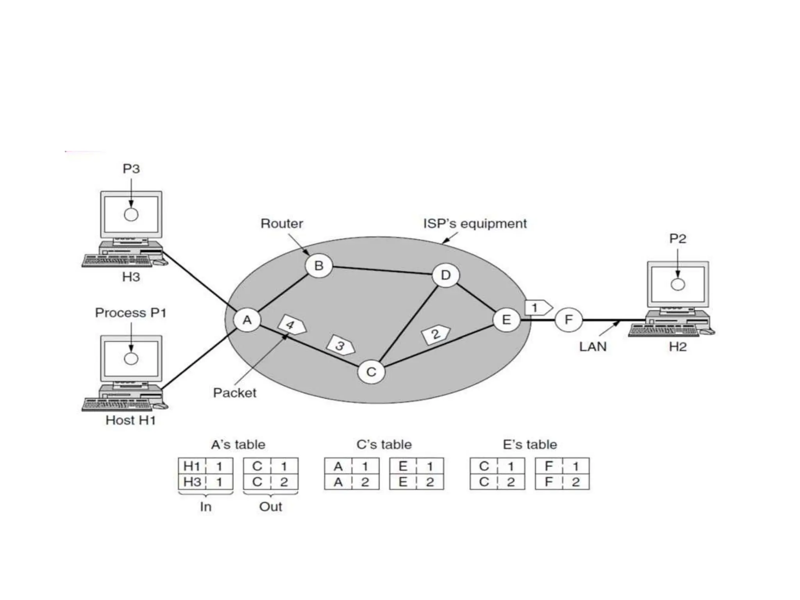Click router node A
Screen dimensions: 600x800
pyautogui.click(x=247, y=320)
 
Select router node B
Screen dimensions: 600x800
pyautogui.click(x=319, y=266)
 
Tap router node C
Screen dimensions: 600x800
pyautogui.click(x=371, y=371)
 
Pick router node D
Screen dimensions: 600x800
pyautogui.click(x=446, y=275)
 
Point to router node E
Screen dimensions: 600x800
pyautogui.click(x=506, y=320)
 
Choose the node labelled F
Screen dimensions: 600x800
pyautogui.click(x=568, y=320)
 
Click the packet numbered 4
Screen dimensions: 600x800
pyautogui.click(x=291, y=325)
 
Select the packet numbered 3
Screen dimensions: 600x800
pyautogui.click(x=341, y=345)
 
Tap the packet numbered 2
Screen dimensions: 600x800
pyautogui.click(x=436, y=334)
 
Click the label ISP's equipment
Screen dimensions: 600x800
pyautogui.click(x=475, y=224)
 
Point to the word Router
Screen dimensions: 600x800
pyautogui.click(x=282, y=224)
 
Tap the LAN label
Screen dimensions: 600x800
pyautogui.click(x=593, y=347)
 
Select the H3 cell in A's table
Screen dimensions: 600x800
pyautogui.click(x=192, y=482)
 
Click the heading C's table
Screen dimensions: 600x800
pyautogui.click(x=384, y=445)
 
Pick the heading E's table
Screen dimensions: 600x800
pyautogui.click(x=530, y=445)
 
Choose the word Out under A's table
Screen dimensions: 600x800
pyautogui.click(x=270, y=507)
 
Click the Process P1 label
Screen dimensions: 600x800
pyautogui.click(x=131, y=313)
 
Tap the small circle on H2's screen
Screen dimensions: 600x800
pyautogui.click(x=678, y=284)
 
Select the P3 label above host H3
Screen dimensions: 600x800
pyautogui.click(x=131, y=169)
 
